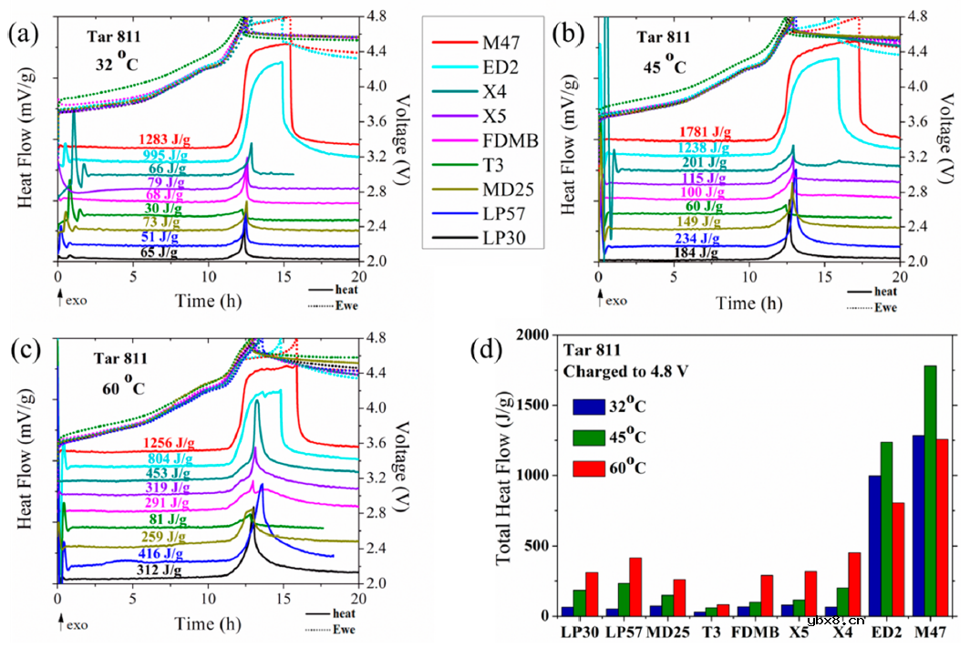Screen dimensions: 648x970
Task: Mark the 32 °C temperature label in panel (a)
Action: [x=120, y=64]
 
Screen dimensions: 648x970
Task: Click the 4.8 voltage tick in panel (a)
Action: [x=376, y=15]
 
